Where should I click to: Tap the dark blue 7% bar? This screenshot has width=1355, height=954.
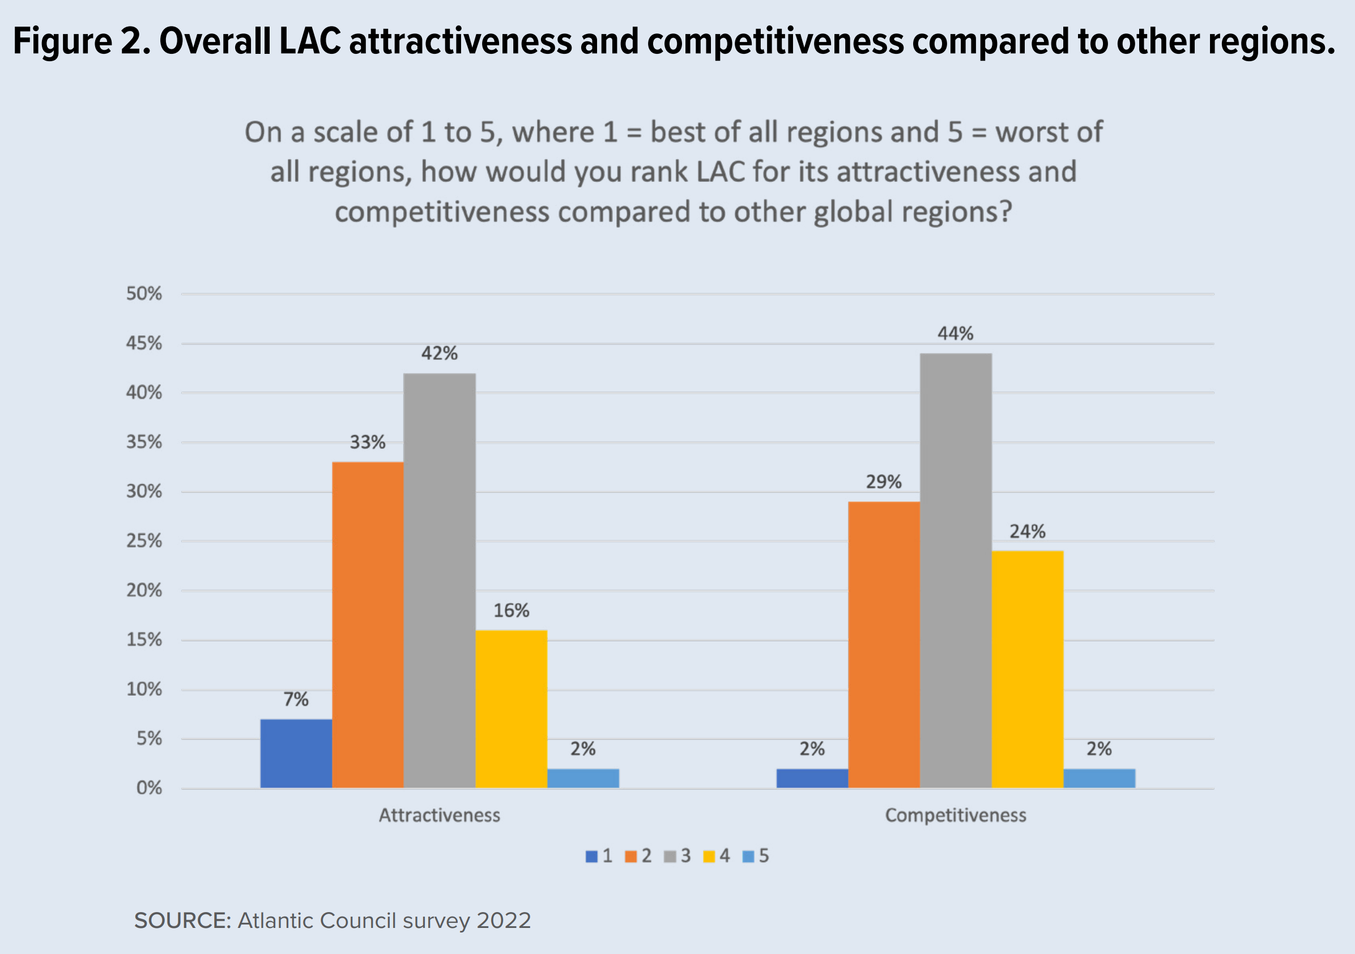296,753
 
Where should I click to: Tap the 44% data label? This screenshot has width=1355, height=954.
956,334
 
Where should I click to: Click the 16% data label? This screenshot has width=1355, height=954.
511,611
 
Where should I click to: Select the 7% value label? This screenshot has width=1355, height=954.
296,700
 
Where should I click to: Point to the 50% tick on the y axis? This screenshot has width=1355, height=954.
144,293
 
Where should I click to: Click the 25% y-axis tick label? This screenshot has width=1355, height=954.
144,541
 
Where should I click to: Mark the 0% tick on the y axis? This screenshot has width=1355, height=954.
149,788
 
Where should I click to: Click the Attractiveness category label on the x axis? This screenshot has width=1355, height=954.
439,815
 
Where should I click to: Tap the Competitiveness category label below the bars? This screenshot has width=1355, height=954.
956,815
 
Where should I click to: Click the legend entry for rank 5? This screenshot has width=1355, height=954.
756,856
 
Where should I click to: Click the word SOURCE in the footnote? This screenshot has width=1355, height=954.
182,921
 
